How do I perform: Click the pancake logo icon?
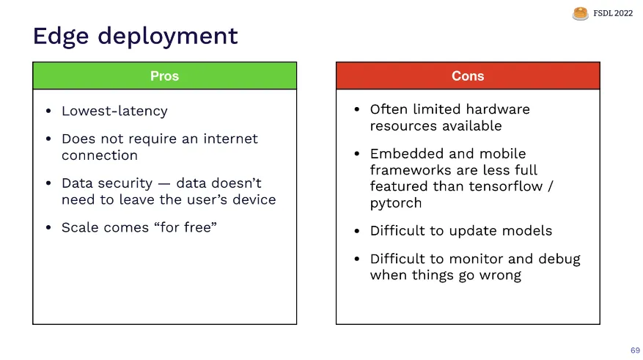[x=580, y=13]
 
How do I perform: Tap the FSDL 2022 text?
[x=613, y=13]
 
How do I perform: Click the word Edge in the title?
[x=61, y=36]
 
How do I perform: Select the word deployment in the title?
[x=167, y=37]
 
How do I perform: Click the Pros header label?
[x=164, y=76]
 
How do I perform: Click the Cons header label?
[x=468, y=76]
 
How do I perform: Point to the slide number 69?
[x=635, y=350]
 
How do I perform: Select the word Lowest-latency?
[x=114, y=111]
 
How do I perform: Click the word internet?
[x=230, y=139]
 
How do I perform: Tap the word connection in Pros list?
[x=100, y=155]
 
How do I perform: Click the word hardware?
[x=498, y=109]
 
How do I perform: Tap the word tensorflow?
[x=506, y=186]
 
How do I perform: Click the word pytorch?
[x=396, y=203]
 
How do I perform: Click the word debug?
[x=559, y=260]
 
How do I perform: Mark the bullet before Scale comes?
[x=48, y=227]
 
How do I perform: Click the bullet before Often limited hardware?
[x=357, y=109]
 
